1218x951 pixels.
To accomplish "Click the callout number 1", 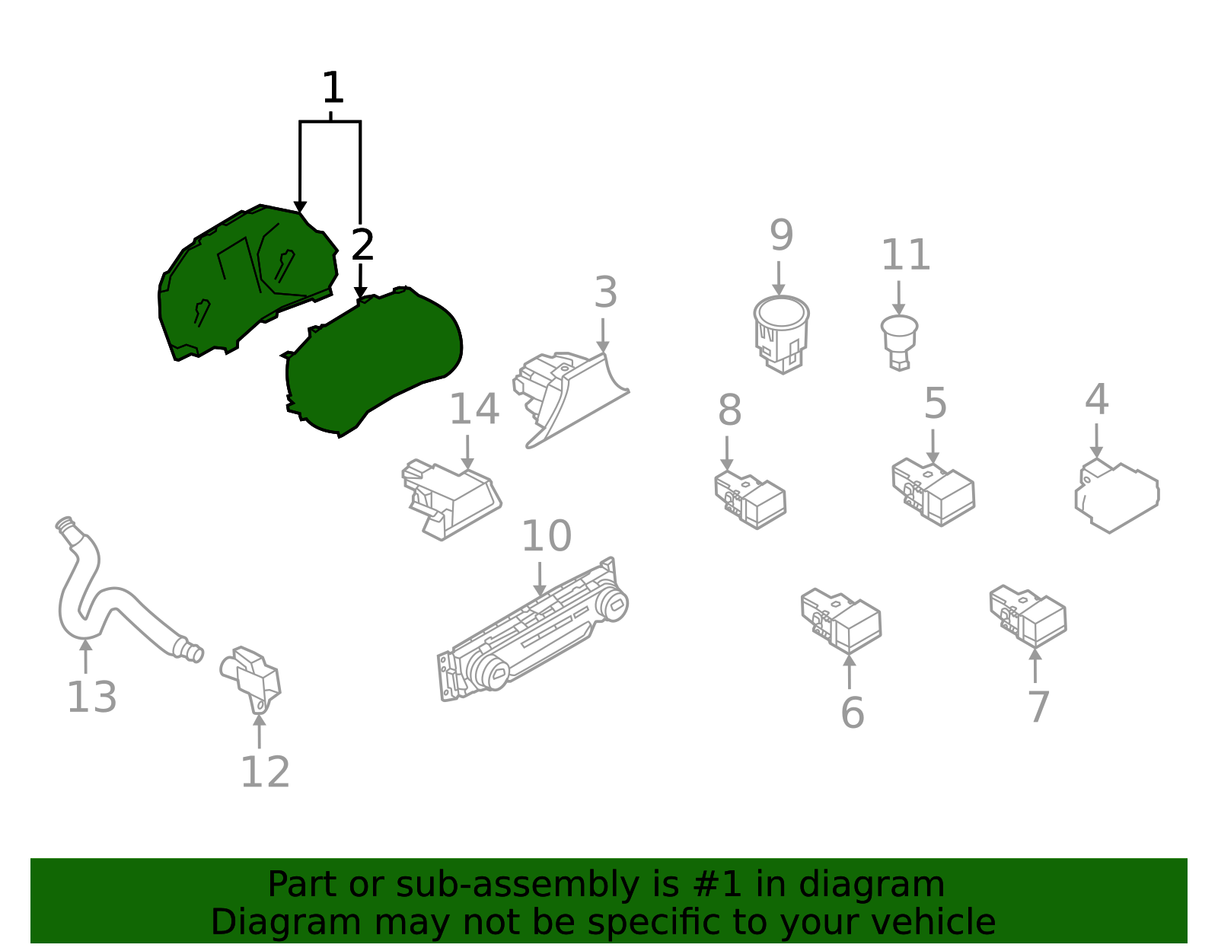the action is pyautogui.click(x=333, y=88).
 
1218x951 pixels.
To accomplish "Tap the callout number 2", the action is pyautogui.click(x=362, y=244).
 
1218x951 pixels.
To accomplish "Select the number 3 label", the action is pyautogui.click(x=606, y=292).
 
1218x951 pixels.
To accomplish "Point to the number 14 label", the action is pyautogui.click(x=474, y=409).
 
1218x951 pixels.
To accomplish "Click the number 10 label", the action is pyautogui.click(x=547, y=536).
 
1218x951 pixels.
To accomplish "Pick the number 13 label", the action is pyautogui.click(x=91, y=697).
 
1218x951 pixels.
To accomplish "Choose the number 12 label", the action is pyautogui.click(x=265, y=772).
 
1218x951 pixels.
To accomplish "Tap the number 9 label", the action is pyautogui.click(x=781, y=235).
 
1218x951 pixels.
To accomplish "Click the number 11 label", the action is pyautogui.click(x=906, y=254).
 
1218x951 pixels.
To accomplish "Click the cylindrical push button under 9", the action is pyautogui.click(x=781, y=334).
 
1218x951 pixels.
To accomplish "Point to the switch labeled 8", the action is pyautogui.click(x=750, y=500).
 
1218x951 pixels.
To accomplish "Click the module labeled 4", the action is pyautogui.click(x=1117, y=496).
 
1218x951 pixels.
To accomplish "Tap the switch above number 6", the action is pyautogui.click(x=840, y=621).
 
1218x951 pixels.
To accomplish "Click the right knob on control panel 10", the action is pyautogui.click(x=611, y=604).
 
